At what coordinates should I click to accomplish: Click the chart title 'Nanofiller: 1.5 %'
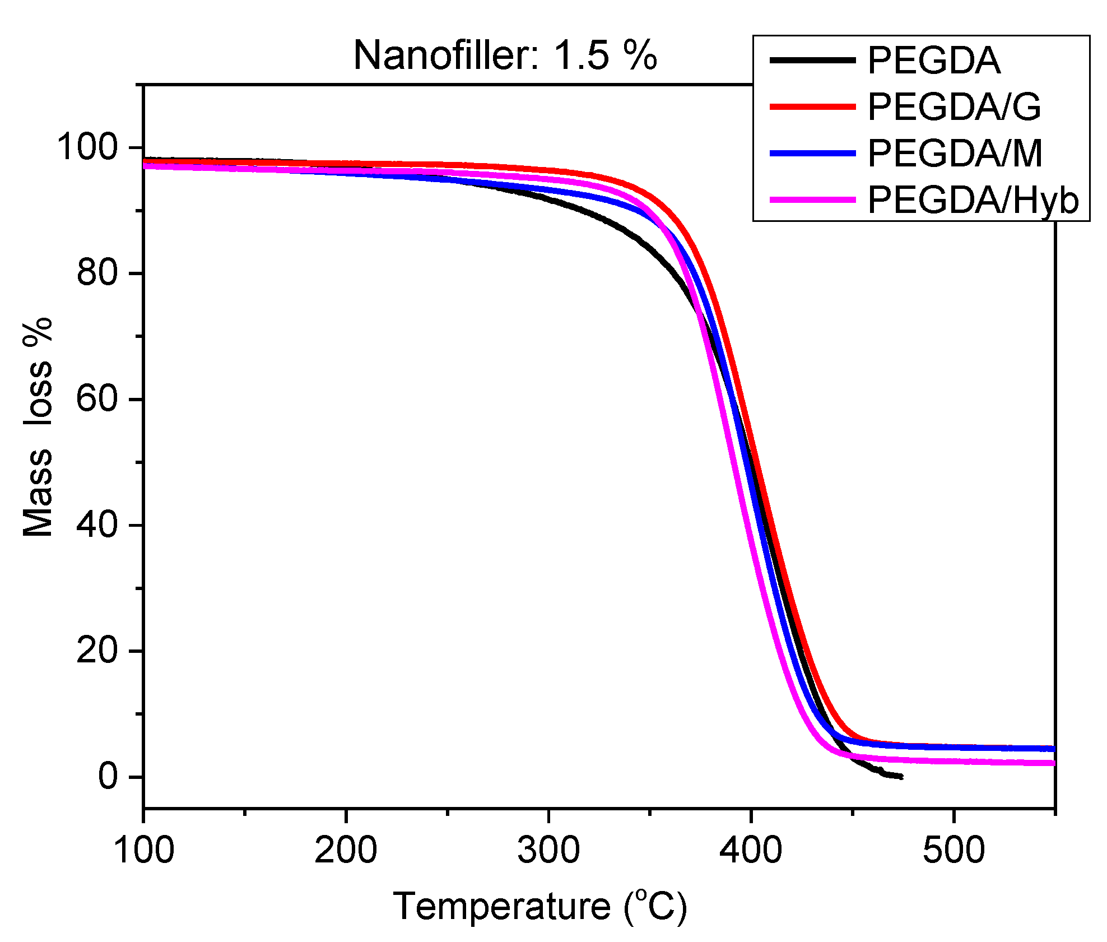[x=505, y=55]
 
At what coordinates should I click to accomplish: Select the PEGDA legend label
[x=934, y=61]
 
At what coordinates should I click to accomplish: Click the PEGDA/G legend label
[x=954, y=107]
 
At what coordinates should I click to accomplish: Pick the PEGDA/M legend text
[x=955, y=154]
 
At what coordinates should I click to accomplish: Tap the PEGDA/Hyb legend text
[x=973, y=200]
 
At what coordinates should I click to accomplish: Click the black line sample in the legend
[x=812, y=60]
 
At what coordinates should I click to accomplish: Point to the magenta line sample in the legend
[x=812, y=199]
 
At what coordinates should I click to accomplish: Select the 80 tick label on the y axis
[x=97, y=273]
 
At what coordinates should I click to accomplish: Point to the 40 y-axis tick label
[x=97, y=525]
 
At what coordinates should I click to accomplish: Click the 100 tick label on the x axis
[x=143, y=850]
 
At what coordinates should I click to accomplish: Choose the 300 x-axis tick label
[x=548, y=850]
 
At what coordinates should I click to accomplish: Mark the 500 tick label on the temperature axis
[x=953, y=850]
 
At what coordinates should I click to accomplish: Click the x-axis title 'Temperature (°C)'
[x=540, y=906]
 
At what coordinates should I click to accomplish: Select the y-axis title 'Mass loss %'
[x=38, y=427]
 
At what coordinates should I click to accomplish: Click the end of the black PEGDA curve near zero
[x=900, y=777]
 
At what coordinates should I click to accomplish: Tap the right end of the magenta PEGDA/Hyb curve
[x=1053, y=763]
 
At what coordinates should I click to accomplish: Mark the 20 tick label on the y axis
[x=97, y=651]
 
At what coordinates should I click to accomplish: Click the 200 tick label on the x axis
[x=346, y=850]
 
